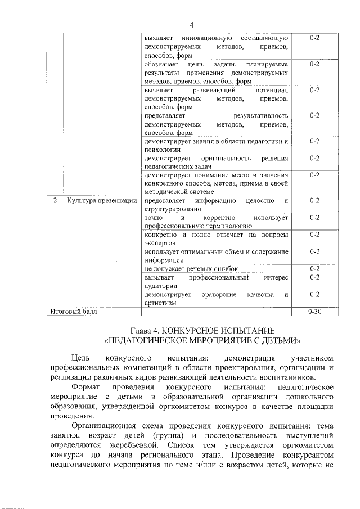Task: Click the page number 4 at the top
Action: click(x=191, y=25)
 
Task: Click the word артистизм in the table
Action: click(x=160, y=303)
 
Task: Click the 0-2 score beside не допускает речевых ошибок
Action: click(x=314, y=269)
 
